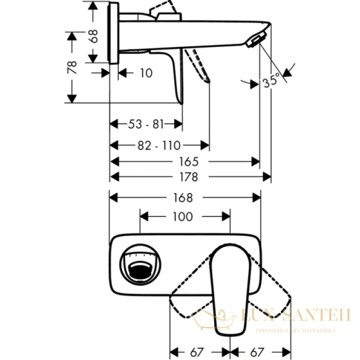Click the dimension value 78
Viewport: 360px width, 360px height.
point(71,66)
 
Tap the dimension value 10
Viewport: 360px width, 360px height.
point(145,73)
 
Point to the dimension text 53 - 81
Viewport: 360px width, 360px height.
point(146,124)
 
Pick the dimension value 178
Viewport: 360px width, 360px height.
point(190,176)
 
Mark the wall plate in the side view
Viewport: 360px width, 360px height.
point(113,30)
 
